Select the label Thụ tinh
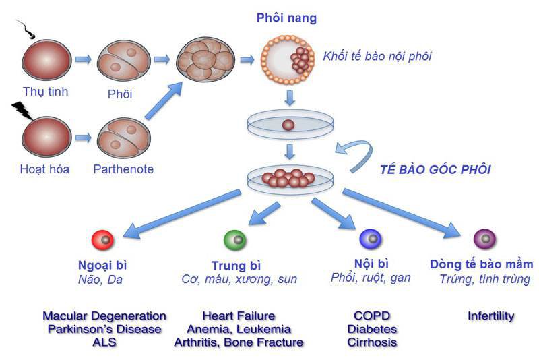pyautogui.click(x=45, y=92)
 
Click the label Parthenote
pyautogui.click(x=123, y=169)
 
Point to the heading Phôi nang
pyautogui.click(x=286, y=18)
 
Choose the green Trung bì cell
pyautogui.click(x=234, y=239)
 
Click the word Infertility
pyautogui.click(x=490, y=316)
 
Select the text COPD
pyautogui.click(x=371, y=316)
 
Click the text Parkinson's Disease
pyautogui.click(x=104, y=329)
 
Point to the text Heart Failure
pyautogui.click(x=239, y=316)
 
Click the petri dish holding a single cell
pyautogui.click(x=288, y=125)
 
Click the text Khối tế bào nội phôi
pyautogui.click(x=377, y=57)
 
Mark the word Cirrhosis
pyautogui.click(x=372, y=342)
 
